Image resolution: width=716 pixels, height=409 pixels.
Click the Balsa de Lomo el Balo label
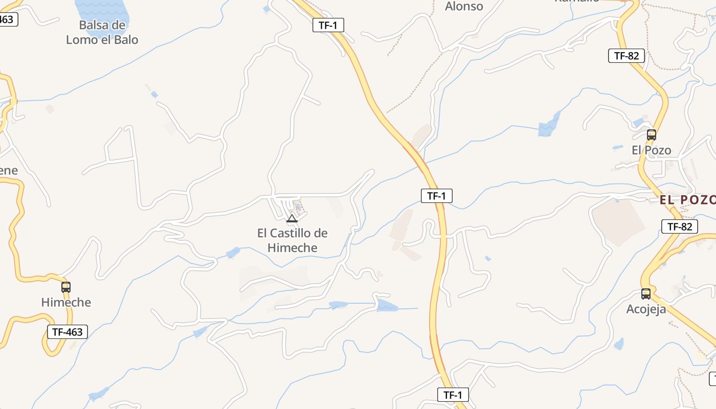pos(102,32)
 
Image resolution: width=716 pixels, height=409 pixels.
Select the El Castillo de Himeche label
pos(292,240)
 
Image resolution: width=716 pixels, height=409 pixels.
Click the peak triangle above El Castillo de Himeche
pos(292,219)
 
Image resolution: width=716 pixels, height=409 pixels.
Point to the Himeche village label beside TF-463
pos(66,302)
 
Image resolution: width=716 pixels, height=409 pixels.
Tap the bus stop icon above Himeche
pos(66,287)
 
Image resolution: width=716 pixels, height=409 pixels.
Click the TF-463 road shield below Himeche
pos(68,332)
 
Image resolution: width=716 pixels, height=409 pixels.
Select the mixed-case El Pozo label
pos(651,150)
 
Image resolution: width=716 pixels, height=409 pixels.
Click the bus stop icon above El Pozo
pos(651,135)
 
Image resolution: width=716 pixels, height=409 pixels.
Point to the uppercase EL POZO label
pos(687,200)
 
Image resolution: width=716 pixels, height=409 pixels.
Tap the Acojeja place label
pos(646,309)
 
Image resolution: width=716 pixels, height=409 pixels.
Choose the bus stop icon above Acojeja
pos(646,294)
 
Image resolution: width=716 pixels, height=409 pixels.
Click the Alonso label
pos(464,6)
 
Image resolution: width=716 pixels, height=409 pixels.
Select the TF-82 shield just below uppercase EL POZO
pos(680,226)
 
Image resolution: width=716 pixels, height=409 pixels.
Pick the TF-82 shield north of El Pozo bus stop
pos(626,56)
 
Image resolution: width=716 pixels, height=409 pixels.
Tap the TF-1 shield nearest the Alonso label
pos(328,25)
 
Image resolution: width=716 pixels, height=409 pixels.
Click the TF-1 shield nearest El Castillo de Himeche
pos(437,195)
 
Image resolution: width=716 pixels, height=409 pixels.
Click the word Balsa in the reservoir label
pos(95,25)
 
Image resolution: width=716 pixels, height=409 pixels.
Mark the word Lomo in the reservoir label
pos(82,39)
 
